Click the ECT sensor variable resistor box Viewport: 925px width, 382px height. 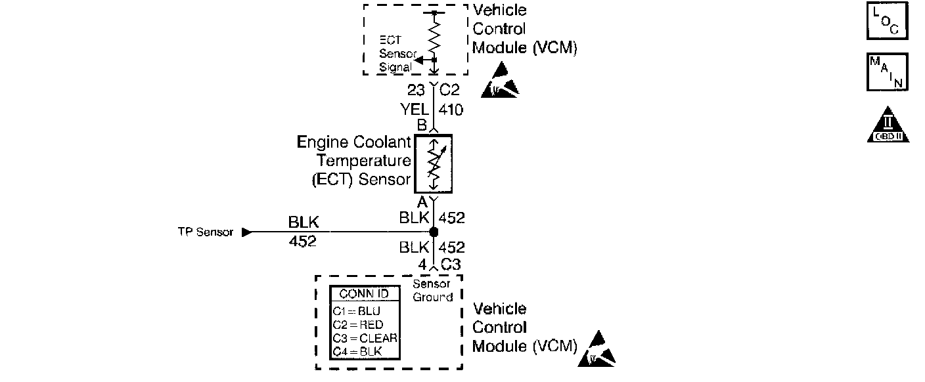(434, 164)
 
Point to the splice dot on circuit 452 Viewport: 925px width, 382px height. (434, 232)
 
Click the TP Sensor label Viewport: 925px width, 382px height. (206, 232)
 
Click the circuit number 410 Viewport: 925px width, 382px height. (451, 110)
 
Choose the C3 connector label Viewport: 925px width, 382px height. (450, 265)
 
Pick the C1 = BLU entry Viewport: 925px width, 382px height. (357, 311)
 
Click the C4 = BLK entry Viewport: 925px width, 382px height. (357, 351)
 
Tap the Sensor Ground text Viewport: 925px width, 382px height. (432, 291)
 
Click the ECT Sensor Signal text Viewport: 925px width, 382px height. (395, 54)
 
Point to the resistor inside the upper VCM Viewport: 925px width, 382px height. (434, 36)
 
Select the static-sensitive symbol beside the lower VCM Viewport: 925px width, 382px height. (596, 350)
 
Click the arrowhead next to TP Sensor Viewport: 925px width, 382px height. (246, 232)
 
